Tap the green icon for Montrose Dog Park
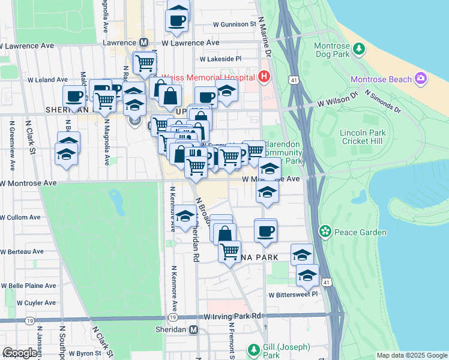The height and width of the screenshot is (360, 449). (359, 47)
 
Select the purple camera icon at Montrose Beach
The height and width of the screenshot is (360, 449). (420, 79)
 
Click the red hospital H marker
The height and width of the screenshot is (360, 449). (262, 77)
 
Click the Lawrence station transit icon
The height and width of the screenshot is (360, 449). (143, 43)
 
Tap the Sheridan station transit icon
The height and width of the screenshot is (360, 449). (193, 330)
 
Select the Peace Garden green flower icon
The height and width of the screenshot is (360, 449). (325, 231)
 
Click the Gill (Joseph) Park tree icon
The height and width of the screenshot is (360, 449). (254, 349)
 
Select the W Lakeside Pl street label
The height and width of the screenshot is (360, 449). (220, 59)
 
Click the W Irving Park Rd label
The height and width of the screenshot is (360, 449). (234, 316)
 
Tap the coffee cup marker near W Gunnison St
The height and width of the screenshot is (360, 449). (177, 19)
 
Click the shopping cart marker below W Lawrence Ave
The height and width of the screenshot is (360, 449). (144, 62)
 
